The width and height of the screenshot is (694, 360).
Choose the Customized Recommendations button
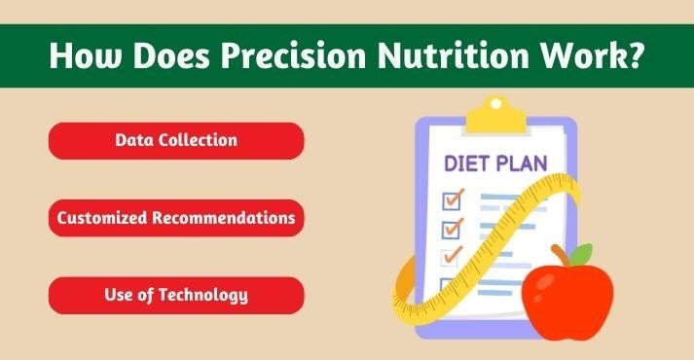[176, 218]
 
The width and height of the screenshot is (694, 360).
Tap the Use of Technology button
[176, 295]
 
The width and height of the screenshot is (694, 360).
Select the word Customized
[101, 218]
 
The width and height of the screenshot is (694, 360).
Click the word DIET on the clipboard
[469, 162]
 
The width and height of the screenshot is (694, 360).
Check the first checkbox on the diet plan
[452, 200]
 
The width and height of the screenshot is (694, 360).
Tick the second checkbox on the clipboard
[452, 229]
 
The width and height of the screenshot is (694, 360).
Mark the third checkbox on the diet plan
[452, 258]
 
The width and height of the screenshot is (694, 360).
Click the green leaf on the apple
[581, 255]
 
